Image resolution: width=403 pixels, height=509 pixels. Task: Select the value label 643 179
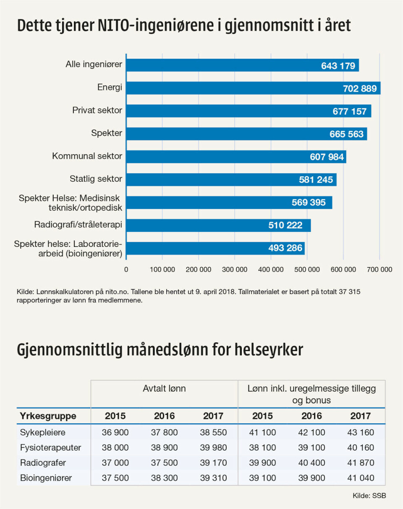[x=338, y=66]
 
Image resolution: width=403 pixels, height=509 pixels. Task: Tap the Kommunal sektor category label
[x=87, y=156]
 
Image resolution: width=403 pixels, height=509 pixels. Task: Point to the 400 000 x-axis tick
[x=271, y=270]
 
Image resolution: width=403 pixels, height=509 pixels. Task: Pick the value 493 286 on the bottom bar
[x=285, y=248]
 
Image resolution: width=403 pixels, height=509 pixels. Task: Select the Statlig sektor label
[x=96, y=179]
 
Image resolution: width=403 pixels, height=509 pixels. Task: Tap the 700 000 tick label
[x=379, y=270]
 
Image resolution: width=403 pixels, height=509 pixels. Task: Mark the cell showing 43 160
[x=361, y=432]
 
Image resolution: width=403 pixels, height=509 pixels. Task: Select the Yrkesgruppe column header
[x=48, y=416]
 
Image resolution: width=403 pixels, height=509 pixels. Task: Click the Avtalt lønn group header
[x=164, y=389]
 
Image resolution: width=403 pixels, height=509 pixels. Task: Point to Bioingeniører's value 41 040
[x=361, y=478]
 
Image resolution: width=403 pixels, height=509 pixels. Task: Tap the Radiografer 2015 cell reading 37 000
[x=115, y=463]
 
